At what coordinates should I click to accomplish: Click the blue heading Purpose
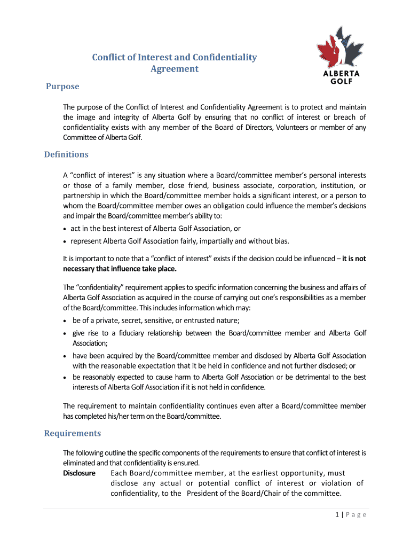point(62,87)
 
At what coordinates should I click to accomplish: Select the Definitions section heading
point(66,154)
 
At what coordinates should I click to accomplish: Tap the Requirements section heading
point(72,433)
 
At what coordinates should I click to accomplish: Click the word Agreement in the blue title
point(174,69)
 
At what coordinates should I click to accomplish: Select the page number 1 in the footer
point(337,515)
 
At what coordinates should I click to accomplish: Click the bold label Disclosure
point(79,473)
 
